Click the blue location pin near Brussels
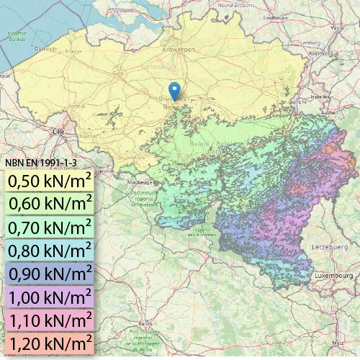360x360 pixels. coord(174,91)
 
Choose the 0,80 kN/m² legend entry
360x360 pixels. coord(49,250)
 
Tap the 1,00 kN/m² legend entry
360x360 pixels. coord(49,297)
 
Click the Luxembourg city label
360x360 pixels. coord(333,276)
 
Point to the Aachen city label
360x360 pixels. coord(329,113)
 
